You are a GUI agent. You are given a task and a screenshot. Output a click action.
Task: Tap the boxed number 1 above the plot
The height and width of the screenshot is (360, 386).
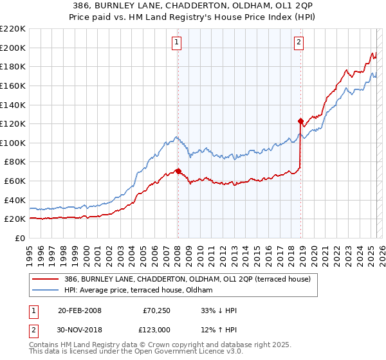point(176,43)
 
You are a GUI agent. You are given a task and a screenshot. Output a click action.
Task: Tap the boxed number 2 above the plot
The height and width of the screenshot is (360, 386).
point(299,43)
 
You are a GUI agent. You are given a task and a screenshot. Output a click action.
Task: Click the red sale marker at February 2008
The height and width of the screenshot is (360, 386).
point(178,171)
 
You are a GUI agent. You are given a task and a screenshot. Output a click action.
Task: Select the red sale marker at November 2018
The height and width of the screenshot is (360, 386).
point(300,120)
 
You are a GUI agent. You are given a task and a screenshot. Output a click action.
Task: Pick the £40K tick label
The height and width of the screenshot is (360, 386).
point(15,200)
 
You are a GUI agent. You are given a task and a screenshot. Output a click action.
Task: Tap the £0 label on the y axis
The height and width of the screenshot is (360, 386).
point(20,238)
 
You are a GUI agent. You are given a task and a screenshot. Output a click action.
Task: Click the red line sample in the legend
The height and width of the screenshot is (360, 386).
point(46,279)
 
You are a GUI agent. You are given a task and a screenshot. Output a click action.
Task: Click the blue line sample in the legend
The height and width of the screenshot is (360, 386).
point(46,290)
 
